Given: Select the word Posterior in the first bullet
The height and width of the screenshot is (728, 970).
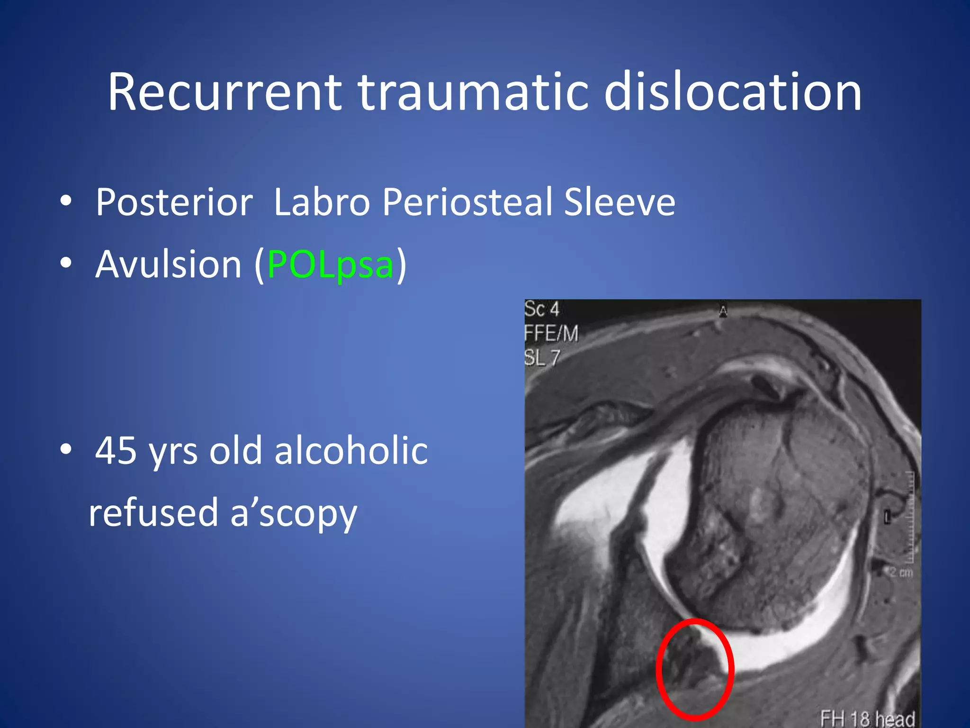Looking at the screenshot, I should (x=174, y=202).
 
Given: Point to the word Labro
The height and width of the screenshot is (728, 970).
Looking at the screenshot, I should (x=322, y=202).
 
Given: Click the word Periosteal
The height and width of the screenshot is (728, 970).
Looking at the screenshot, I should (x=467, y=202).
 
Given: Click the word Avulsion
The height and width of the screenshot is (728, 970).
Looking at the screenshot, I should (x=169, y=264).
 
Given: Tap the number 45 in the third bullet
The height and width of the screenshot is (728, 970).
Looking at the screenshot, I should (x=117, y=451).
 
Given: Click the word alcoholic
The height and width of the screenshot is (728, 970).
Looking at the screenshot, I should (x=351, y=451).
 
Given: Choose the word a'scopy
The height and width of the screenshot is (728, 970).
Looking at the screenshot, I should (x=294, y=514).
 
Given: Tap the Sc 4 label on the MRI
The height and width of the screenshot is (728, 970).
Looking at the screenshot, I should (x=542, y=309).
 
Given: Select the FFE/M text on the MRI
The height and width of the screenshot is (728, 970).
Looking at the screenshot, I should (x=551, y=334).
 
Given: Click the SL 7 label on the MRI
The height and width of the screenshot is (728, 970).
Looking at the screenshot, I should (x=542, y=358).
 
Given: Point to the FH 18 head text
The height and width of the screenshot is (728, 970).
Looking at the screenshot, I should (x=867, y=718).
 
